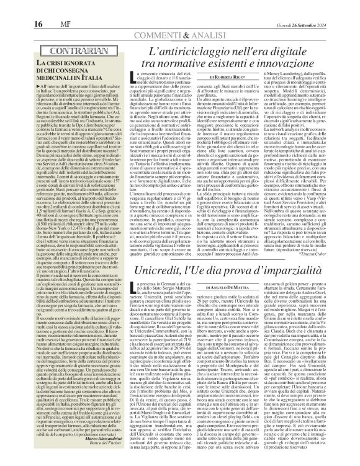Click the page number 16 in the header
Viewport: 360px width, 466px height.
pyautogui.click(x=11, y=8)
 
